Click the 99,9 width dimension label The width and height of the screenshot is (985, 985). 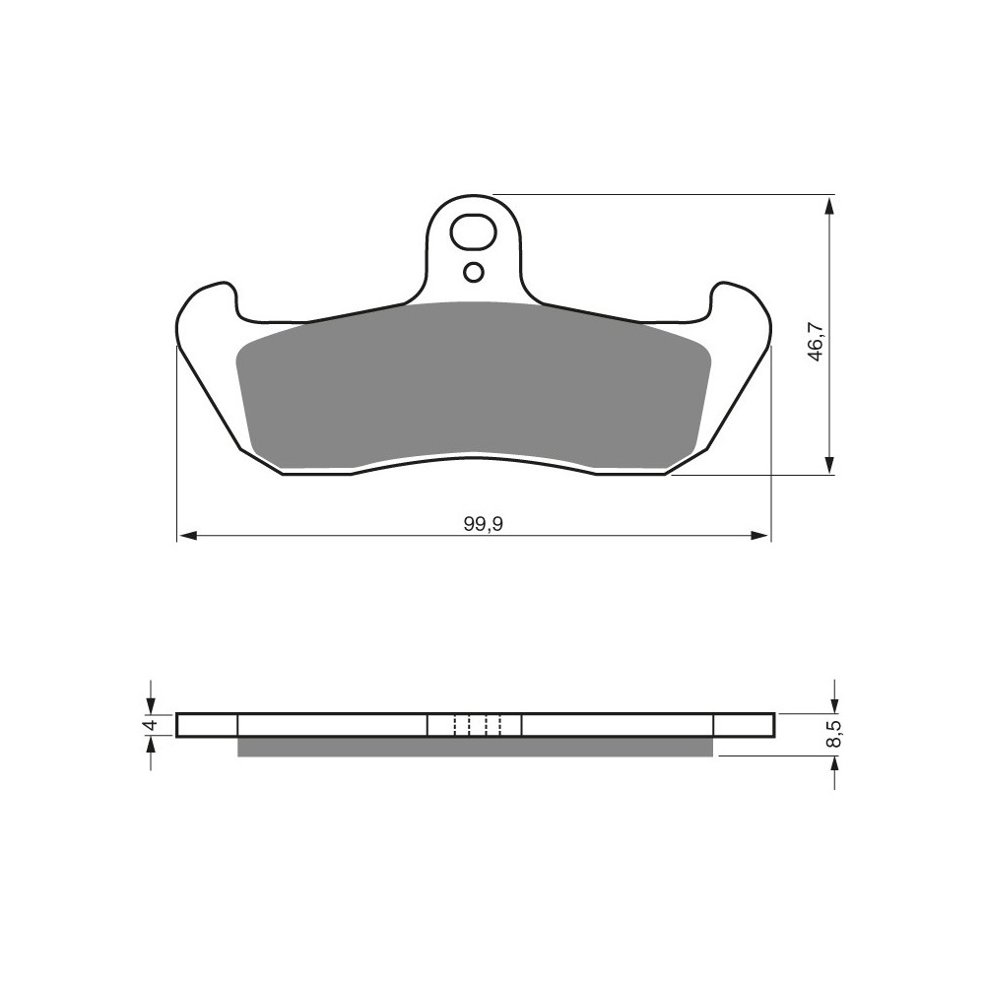(484, 524)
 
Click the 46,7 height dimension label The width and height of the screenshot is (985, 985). (815, 340)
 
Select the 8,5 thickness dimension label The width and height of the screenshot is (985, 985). (834, 735)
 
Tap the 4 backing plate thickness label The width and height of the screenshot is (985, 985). (150, 725)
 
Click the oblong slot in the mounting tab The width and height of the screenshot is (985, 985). (474, 233)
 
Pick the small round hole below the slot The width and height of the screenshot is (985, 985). (474, 273)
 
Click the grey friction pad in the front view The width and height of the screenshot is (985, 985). (474, 385)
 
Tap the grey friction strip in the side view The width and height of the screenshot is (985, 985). (475, 747)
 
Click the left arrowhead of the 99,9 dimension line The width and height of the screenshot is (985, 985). (188, 536)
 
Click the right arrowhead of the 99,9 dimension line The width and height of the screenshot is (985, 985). (759, 536)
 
